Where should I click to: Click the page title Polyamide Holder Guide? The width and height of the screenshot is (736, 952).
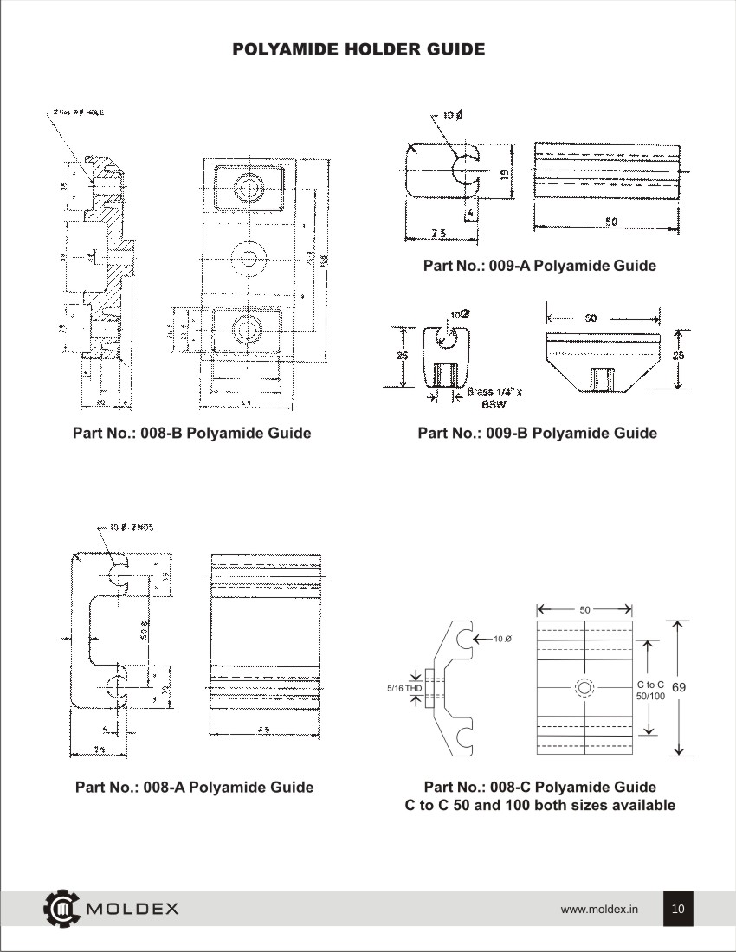pyautogui.click(x=358, y=49)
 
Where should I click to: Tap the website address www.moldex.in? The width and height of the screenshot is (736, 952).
pyautogui.click(x=599, y=910)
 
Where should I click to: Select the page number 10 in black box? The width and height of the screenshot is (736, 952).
pyautogui.click(x=678, y=909)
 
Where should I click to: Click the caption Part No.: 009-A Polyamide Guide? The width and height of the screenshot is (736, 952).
pyautogui.click(x=539, y=266)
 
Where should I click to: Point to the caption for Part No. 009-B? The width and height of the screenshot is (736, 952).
pyautogui.click(x=537, y=433)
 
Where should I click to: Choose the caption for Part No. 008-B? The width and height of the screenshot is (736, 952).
pyautogui.click(x=191, y=433)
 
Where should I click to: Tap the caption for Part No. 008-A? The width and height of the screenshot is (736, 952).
pyautogui.click(x=194, y=787)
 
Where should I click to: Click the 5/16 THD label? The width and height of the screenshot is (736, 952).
pyautogui.click(x=404, y=688)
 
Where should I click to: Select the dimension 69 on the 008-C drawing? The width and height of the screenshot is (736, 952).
pyautogui.click(x=679, y=687)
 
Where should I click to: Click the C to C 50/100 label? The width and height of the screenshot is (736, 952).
pyautogui.click(x=650, y=690)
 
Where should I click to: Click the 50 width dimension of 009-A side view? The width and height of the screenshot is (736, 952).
pyautogui.click(x=610, y=222)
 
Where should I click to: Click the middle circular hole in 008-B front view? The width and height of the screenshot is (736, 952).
pyautogui.click(x=250, y=257)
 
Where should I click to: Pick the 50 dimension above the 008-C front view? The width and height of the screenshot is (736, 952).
pyautogui.click(x=584, y=610)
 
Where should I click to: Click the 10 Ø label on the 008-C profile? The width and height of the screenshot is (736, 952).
pyautogui.click(x=501, y=639)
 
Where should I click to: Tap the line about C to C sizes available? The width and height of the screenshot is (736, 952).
pyautogui.click(x=540, y=806)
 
